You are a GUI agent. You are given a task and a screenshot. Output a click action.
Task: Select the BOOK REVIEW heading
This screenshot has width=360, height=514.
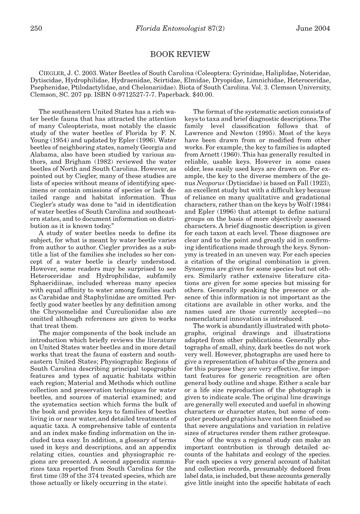click(180, 54)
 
